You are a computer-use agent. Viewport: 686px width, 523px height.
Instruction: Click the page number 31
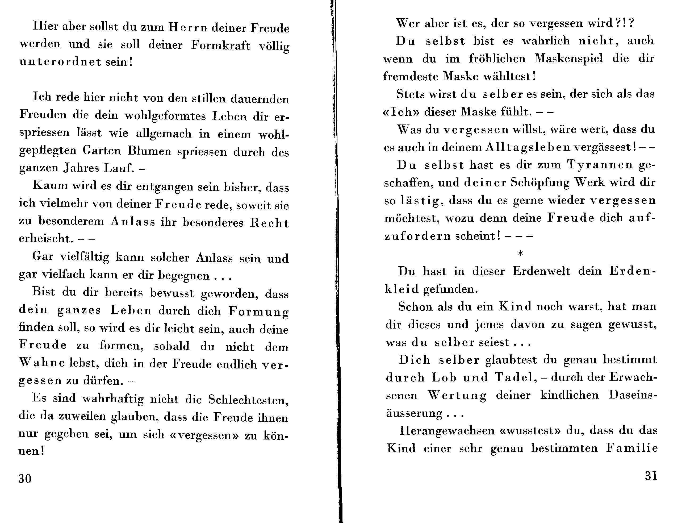click(x=651, y=476)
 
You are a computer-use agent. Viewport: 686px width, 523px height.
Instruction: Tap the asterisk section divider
click(x=520, y=254)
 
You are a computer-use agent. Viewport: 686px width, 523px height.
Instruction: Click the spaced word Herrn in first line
click(x=188, y=27)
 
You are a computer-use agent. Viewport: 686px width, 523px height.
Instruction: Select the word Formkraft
click(x=221, y=45)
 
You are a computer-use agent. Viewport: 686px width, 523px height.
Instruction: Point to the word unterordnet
click(x=60, y=62)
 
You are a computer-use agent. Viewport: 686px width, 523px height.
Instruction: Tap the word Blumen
click(x=149, y=151)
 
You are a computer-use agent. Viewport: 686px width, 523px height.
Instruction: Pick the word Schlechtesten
click(x=248, y=400)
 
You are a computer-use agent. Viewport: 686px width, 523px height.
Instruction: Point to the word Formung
click(x=258, y=312)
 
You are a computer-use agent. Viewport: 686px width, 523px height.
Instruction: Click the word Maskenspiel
click(x=569, y=59)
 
